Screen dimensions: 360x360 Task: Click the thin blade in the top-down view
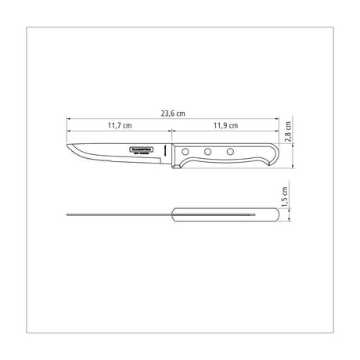(x=117, y=214)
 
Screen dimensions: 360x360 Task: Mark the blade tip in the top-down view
(x=68, y=214)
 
